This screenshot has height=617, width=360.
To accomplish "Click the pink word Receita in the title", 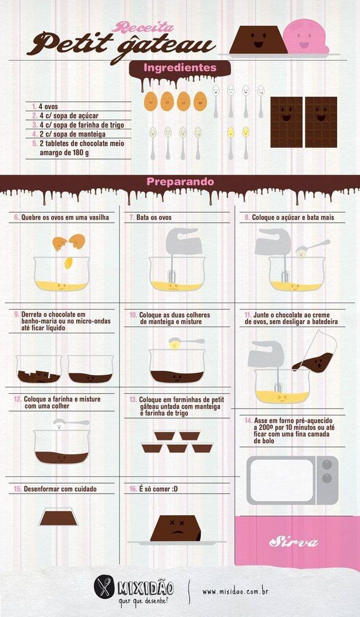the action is (x=143, y=28).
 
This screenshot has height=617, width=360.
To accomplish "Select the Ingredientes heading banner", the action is (x=180, y=68).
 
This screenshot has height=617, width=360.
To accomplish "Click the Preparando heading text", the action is (x=180, y=182).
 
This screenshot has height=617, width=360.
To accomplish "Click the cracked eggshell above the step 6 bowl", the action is (x=69, y=242).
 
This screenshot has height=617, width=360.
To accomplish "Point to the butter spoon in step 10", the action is (x=186, y=342).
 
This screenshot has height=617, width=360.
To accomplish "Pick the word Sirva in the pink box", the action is (x=293, y=542).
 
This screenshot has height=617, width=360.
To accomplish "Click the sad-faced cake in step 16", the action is (x=175, y=528).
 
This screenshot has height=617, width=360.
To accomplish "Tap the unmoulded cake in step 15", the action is (x=58, y=518).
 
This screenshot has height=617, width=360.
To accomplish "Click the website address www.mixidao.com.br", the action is (x=235, y=591).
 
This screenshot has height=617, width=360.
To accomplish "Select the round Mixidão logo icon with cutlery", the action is (x=104, y=587).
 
